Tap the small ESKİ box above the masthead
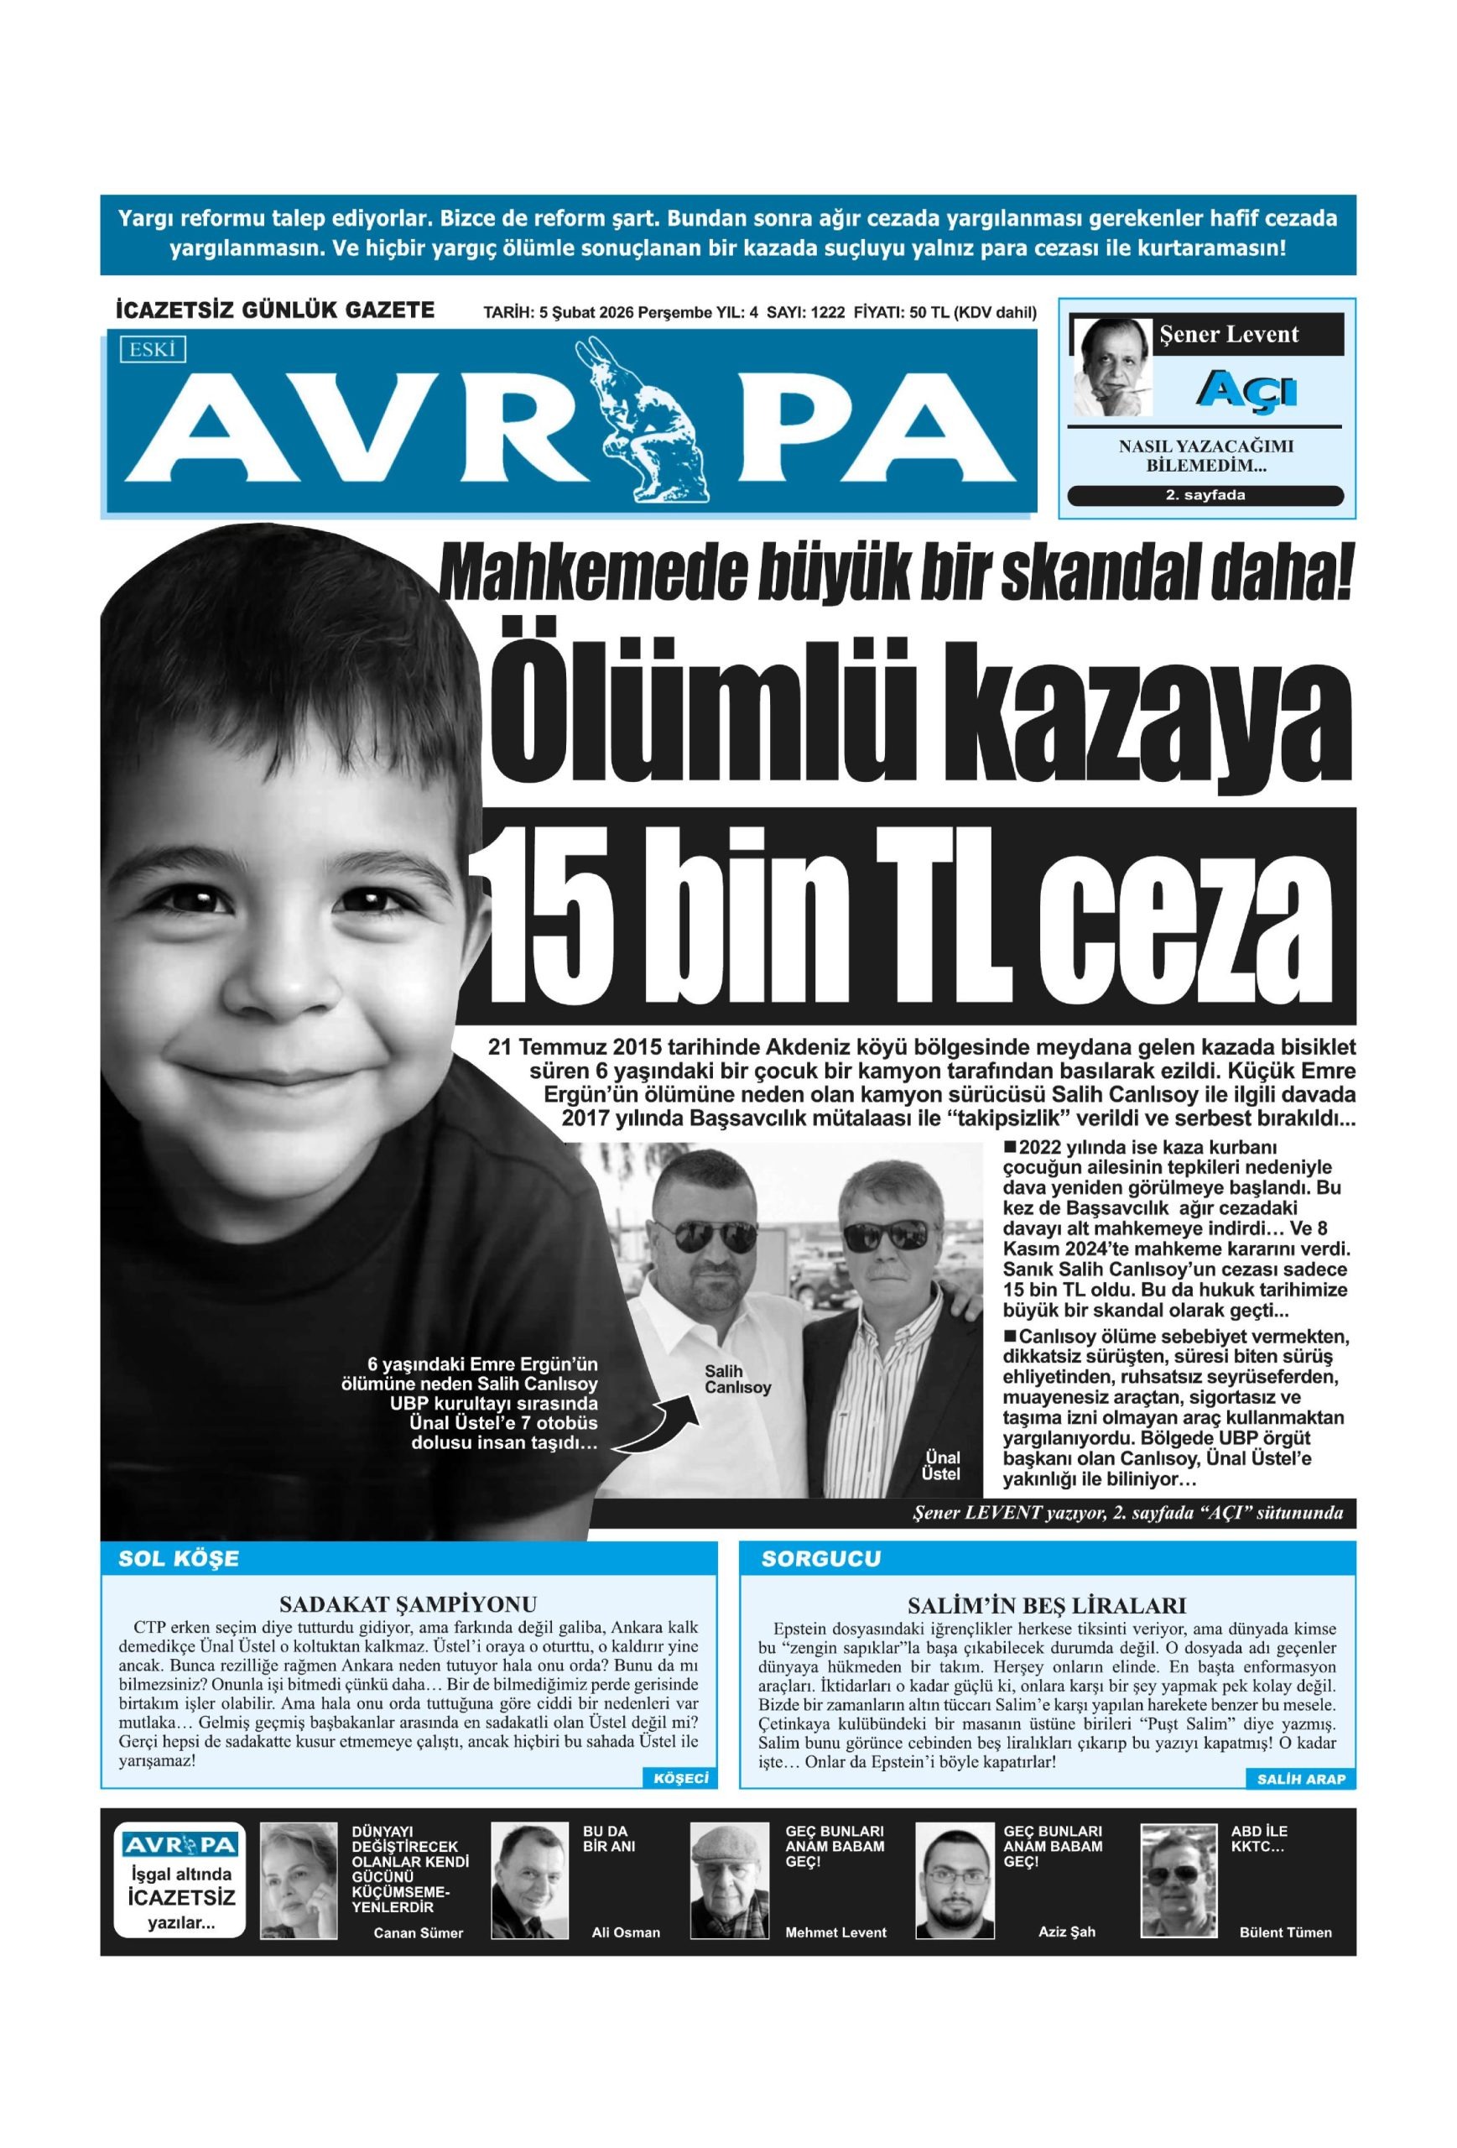click(153, 349)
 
